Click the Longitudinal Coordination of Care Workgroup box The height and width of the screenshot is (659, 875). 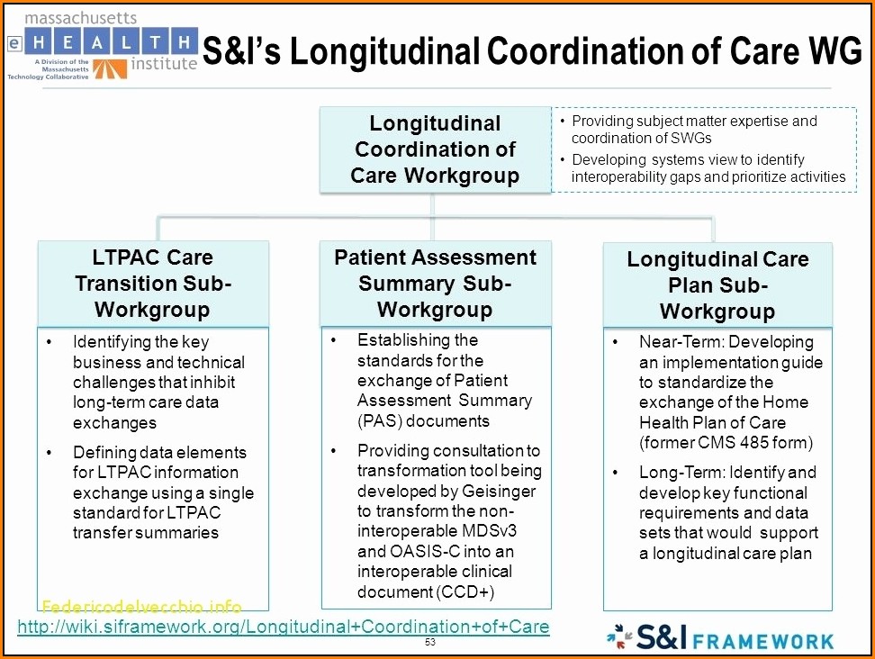[436, 149]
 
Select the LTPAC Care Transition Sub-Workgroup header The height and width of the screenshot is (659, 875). [153, 284]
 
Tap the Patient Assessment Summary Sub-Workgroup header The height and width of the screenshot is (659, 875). [436, 284]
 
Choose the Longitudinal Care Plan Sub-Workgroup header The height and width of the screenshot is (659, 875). [717, 284]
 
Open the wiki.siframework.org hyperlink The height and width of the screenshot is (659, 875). [284, 627]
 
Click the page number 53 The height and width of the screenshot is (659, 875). [429, 642]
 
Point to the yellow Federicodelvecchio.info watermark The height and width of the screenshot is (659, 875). [141, 607]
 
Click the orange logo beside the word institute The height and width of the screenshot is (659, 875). [110, 68]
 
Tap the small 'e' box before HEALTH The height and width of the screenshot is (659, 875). [14, 43]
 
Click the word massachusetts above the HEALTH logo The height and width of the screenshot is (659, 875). [81, 18]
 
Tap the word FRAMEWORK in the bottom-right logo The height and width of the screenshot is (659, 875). [762, 641]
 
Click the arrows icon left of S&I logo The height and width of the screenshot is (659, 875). [619, 636]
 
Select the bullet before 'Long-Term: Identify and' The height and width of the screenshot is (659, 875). [615, 473]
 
